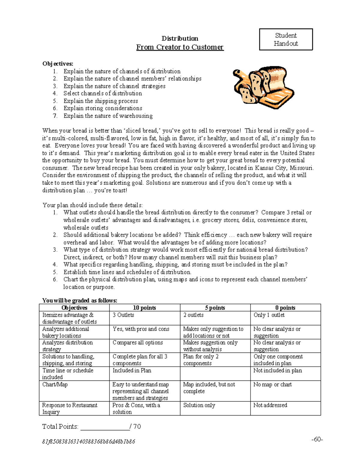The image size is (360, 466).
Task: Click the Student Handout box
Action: point(286,39)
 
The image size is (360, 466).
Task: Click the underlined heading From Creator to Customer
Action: point(180,47)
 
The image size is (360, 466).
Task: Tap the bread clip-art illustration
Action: point(263,87)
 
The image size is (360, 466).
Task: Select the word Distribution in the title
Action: point(180,38)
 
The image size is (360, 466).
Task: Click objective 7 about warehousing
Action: point(108,116)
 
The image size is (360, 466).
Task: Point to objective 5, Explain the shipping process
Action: point(100,101)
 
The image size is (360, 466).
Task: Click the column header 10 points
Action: point(144,308)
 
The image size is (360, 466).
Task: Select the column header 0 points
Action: point(285,308)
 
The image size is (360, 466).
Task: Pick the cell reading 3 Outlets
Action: point(123,315)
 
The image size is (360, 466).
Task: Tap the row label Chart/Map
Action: point(55,384)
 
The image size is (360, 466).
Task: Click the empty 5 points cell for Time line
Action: point(215,374)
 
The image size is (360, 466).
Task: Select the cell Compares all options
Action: point(137,343)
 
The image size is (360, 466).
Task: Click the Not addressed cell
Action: point(270,405)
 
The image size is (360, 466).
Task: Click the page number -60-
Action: point(317,440)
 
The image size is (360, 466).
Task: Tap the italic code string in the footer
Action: point(88,442)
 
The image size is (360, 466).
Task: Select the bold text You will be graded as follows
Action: point(79,300)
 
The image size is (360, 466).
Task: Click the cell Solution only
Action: point(199,405)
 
